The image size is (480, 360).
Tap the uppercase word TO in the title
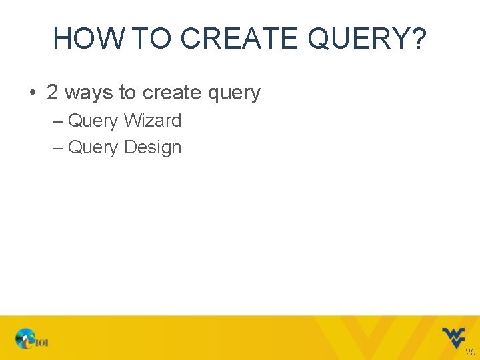coord(153,39)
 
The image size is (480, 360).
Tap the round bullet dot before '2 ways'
coord(33,93)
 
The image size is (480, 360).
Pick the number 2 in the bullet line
coord(52,93)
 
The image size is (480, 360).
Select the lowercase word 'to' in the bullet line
coord(127,93)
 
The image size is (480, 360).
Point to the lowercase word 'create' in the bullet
coord(171,93)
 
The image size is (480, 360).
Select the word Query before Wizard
coord(93,121)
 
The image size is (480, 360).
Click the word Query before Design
coord(93,148)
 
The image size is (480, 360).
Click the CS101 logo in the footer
coord(32,340)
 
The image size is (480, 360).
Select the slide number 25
coord(470,352)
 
